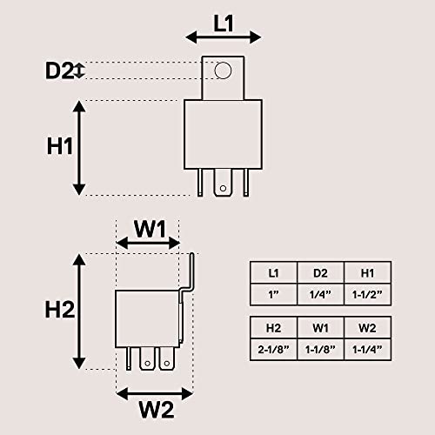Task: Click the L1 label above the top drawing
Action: [224, 23]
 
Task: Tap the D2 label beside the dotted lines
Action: [59, 70]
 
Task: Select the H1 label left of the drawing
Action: [59, 146]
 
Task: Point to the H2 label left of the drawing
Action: [60, 310]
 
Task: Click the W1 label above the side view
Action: [150, 229]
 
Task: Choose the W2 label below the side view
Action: [157, 410]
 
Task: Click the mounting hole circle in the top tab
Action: [223, 70]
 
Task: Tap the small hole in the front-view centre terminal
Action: [223, 188]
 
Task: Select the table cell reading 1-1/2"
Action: [368, 295]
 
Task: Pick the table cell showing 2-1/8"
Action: [273, 350]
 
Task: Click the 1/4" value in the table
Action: [321, 295]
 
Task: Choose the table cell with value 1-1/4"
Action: [368, 350]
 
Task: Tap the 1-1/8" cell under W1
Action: [321, 350]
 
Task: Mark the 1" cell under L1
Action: [273, 295]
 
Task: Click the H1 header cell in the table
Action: [368, 272]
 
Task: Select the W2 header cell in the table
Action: [368, 328]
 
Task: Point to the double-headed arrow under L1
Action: [224, 37]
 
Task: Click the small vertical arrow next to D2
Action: [79, 70]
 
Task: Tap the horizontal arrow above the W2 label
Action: [155, 393]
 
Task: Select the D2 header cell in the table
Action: [321, 272]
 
